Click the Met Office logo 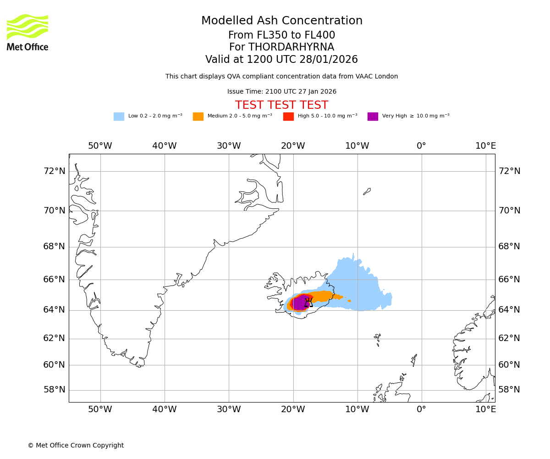(x=27, y=32)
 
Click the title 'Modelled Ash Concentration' (x=282, y=21)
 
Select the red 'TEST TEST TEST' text (x=281, y=105)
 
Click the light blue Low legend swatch (x=119, y=117)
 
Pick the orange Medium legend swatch (x=198, y=117)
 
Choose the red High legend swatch (x=288, y=117)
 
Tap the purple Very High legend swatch (x=373, y=117)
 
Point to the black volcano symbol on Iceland (x=308, y=302)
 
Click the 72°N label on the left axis (x=54, y=171)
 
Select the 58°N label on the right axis (x=509, y=390)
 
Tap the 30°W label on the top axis (x=229, y=146)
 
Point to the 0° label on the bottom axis (x=421, y=409)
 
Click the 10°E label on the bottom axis (x=485, y=409)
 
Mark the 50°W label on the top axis (x=100, y=146)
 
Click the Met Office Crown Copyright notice (x=76, y=445)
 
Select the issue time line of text (x=281, y=92)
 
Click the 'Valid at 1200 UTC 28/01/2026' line (x=281, y=60)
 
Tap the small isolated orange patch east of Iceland (x=349, y=301)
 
